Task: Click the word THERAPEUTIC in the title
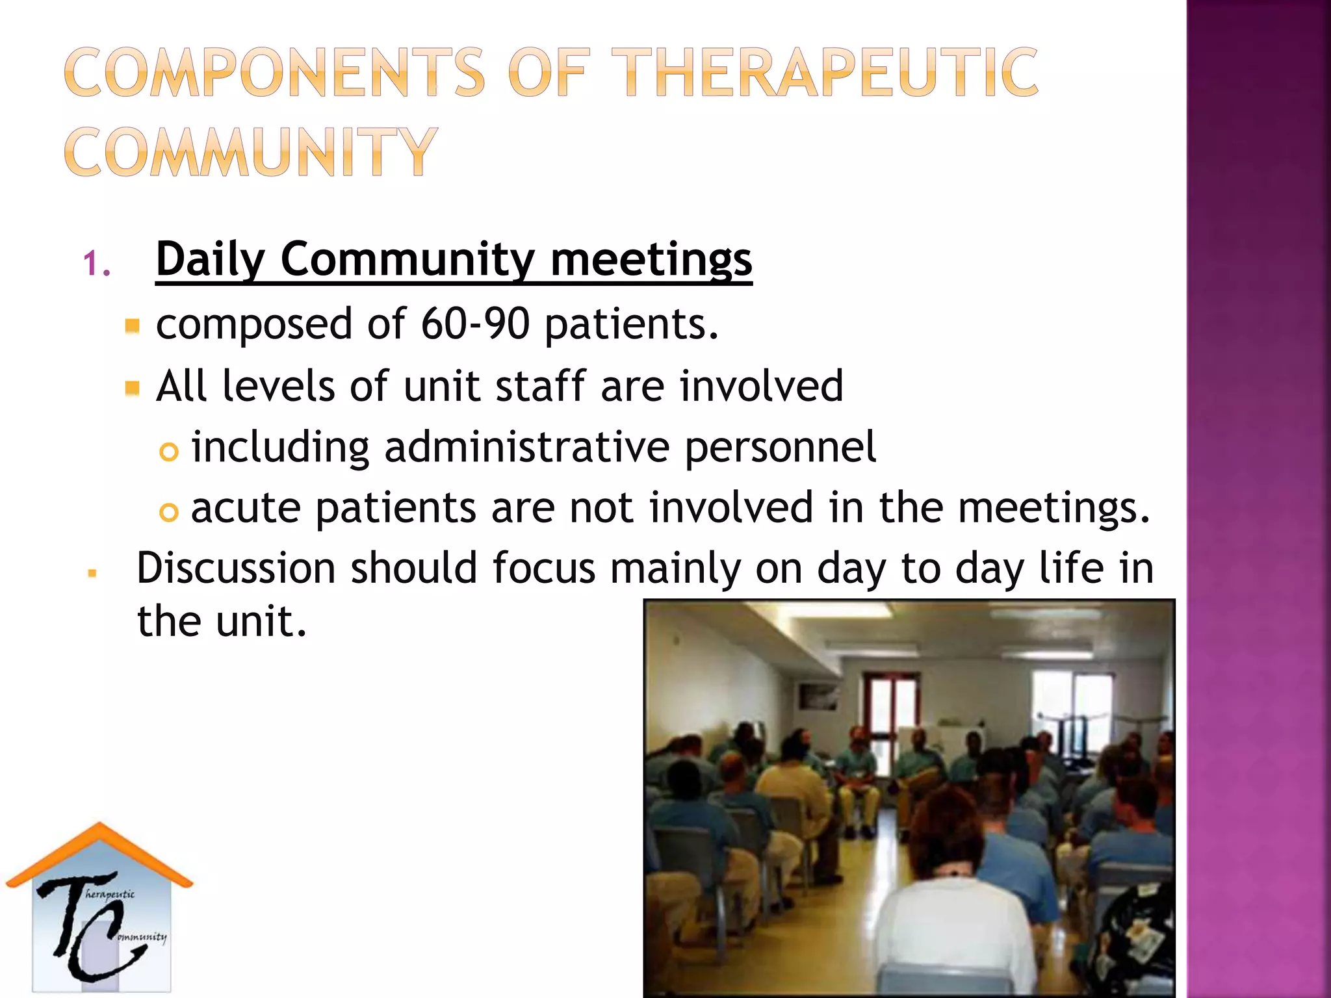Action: [824, 73]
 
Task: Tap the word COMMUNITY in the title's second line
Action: [251, 152]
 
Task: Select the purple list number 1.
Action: [96, 264]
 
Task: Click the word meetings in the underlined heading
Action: [651, 260]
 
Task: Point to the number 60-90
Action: [475, 324]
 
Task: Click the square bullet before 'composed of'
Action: [133, 325]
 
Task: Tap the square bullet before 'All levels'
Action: [133, 388]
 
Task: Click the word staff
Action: [541, 386]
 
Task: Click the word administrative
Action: [526, 447]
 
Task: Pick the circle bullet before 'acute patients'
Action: [168, 513]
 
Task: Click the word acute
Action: [246, 508]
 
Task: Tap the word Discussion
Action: [236, 568]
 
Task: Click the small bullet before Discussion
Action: [92, 573]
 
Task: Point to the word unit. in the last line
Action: [261, 622]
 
